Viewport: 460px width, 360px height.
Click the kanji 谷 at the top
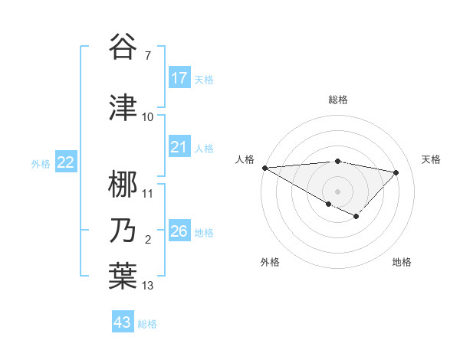(123, 47)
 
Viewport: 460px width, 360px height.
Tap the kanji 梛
(123, 184)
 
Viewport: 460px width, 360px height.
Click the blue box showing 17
(179, 78)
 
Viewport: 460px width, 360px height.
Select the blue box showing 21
(179, 147)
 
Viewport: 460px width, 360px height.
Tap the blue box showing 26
(179, 231)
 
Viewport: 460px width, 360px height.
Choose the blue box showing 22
(66, 162)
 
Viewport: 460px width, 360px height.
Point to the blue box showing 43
(123, 322)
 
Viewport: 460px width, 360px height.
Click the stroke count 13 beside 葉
(148, 286)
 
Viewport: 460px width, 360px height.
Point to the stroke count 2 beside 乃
(148, 241)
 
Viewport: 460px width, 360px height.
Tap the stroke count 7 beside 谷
(148, 56)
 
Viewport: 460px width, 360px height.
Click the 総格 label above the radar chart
(338, 100)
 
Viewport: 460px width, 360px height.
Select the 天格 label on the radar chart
(432, 159)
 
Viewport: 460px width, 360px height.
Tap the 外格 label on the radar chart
(270, 263)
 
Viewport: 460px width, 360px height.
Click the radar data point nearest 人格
(264, 168)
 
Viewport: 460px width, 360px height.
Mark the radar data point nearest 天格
(396, 172)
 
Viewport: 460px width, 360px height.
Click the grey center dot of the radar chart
(337, 190)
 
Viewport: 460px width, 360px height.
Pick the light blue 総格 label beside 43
(147, 324)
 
